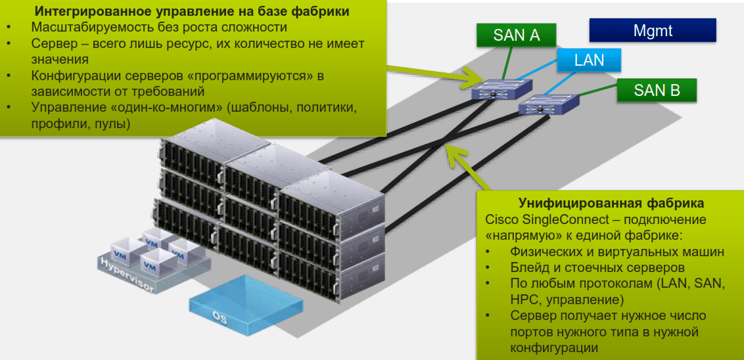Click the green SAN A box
(517, 35)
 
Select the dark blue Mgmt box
(652, 30)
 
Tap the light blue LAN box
(589, 60)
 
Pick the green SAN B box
(657, 91)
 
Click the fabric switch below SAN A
(500, 89)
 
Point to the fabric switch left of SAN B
(547, 104)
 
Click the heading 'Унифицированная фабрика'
(611, 202)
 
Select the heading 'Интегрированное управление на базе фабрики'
(191, 11)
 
